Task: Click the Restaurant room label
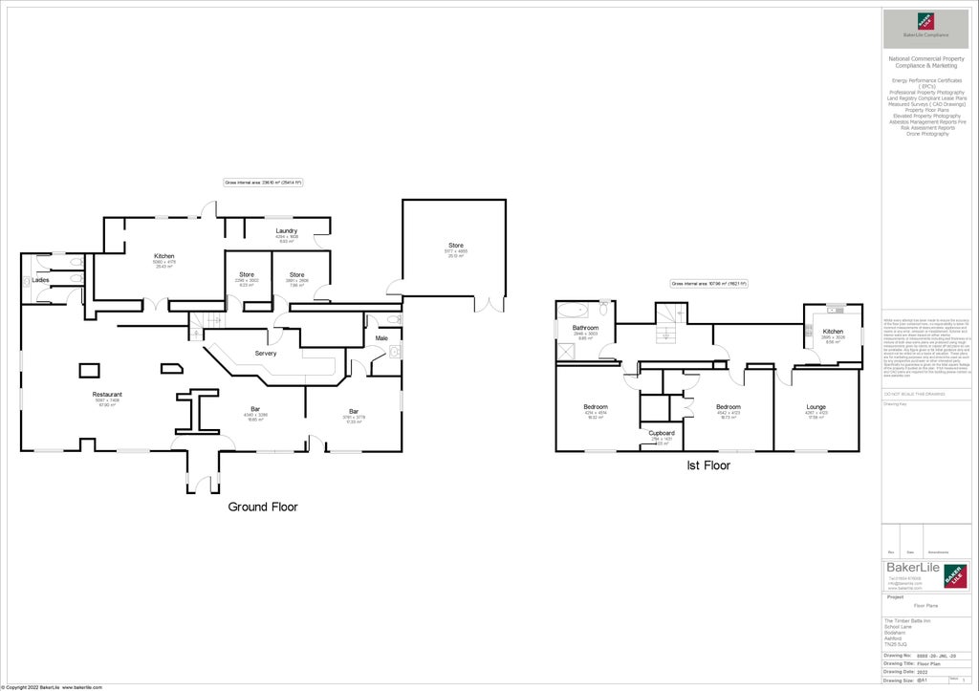click(x=106, y=394)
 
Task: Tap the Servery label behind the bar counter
click(x=265, y=353)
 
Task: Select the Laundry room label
click(x=286, y=230)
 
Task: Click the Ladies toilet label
click(x=40, y=280)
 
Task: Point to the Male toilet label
click(x=381, y=337)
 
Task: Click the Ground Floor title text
click(x=262, y=507)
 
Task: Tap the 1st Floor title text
click(x=708, y=465)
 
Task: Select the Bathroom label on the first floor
click(x=585, y=328)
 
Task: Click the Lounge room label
click(x=816, y=406)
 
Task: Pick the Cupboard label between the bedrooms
click(x=662, y=433)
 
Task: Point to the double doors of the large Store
click(x=489, y=304)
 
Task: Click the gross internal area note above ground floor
click(x=263, y=182)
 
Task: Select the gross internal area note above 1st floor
click(x=708, y=284)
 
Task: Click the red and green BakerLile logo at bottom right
click(x=953, y=575)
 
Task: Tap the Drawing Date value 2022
click(x=923, y=671)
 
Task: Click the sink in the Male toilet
click(x=393, y=353)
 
